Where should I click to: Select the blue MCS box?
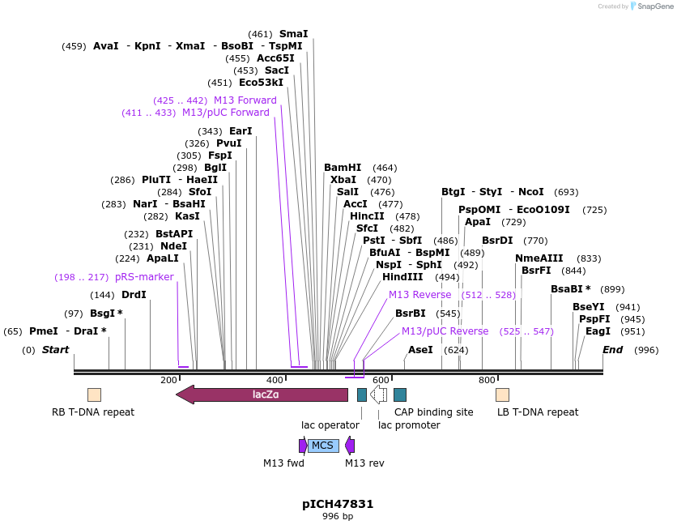pos(323,446)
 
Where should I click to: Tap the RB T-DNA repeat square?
pos(94,395)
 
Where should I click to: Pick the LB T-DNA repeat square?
pos(502,395)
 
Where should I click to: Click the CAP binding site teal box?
pos(400,395)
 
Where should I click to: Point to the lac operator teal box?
pos(362,395)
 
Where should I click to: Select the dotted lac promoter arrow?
pos(378,395)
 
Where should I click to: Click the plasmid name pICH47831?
pos(338,504)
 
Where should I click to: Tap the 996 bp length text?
pos(338,516)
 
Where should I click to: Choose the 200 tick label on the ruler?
pos(168,380)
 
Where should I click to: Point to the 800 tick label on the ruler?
pos(487,380)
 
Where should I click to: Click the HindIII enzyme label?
pos(402,277)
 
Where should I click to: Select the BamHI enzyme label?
pos(343,168)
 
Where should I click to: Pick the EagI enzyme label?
pos(598,331)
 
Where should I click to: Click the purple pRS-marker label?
pos(144,277)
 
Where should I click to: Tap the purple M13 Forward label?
pos(245,100)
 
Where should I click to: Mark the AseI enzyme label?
pos(420,350)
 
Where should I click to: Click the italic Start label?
pos(55,350)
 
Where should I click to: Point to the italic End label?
pos(612,350)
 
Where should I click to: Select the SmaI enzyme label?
pos(293,34)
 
